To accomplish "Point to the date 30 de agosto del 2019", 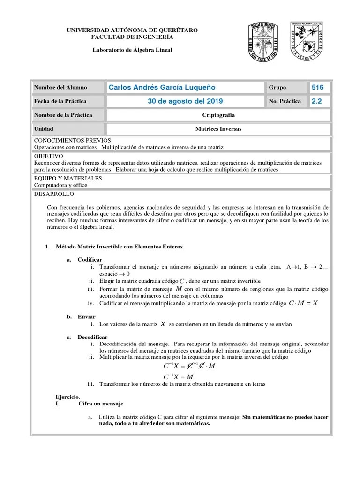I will (185, 101).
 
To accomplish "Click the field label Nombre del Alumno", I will (53, 87).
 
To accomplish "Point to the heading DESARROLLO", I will (54, 194).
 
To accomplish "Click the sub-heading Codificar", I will (90, 259).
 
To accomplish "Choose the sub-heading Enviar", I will (87, 317).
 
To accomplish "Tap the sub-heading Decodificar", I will (92, 337).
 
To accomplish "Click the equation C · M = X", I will (303, 303).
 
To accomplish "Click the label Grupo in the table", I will (277, 87).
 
